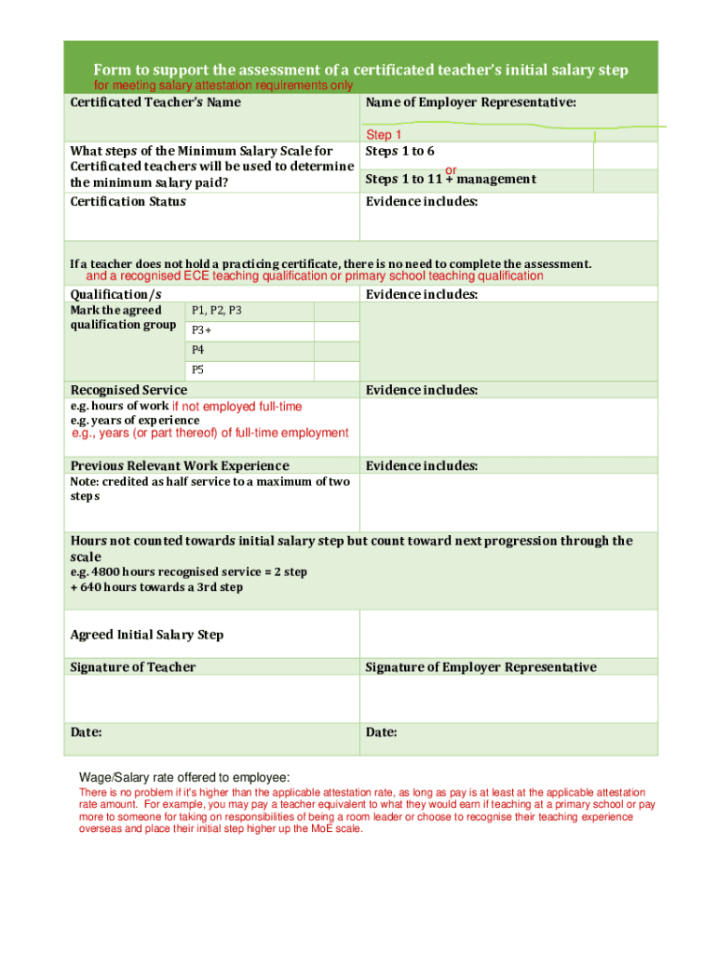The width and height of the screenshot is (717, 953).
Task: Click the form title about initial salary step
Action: point(360,71)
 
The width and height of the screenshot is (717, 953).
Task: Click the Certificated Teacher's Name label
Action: point(156,102)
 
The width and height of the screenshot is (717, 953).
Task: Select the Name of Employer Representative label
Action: point(470,102)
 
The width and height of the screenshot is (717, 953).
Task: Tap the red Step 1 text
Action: point(384,135)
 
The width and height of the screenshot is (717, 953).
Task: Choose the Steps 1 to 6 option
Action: point(399,151)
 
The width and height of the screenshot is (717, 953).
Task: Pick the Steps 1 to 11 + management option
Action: point(450,179)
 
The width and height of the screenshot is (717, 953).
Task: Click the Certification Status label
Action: point(129,202)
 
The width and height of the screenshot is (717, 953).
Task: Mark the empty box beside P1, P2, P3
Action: point(335,312)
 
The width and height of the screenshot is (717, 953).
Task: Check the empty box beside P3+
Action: point(335,331)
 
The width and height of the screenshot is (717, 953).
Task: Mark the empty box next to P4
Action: point(335,351)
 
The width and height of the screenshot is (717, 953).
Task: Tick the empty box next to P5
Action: point(335,370)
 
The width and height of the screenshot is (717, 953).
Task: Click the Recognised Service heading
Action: point(129,390)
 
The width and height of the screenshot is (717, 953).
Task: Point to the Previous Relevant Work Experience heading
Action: point(180,465)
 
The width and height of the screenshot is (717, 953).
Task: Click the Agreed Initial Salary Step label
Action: point(147,635)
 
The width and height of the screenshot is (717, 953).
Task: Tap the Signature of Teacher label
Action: point(133,667)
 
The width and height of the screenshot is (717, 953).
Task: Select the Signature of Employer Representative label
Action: point(480,667)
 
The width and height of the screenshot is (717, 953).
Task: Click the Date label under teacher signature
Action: point(87,732)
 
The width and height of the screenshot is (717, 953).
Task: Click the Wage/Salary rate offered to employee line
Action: point(184,778)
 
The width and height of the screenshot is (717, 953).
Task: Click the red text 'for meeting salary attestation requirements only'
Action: point(223,86)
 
